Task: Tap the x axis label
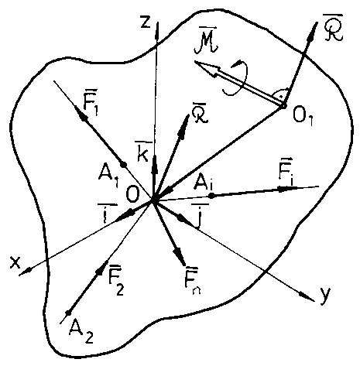coord(15,262)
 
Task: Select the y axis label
coord(325,296)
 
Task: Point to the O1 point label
coord(303,118)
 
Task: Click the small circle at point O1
coord(283,106)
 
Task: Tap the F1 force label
coord(91,102)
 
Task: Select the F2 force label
coord(116,280)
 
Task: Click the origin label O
coord(132,195)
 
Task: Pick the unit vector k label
coord(143,152)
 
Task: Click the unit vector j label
coord(200,216)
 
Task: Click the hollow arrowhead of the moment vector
coord(207,68)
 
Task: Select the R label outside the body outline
coord(333,31)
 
